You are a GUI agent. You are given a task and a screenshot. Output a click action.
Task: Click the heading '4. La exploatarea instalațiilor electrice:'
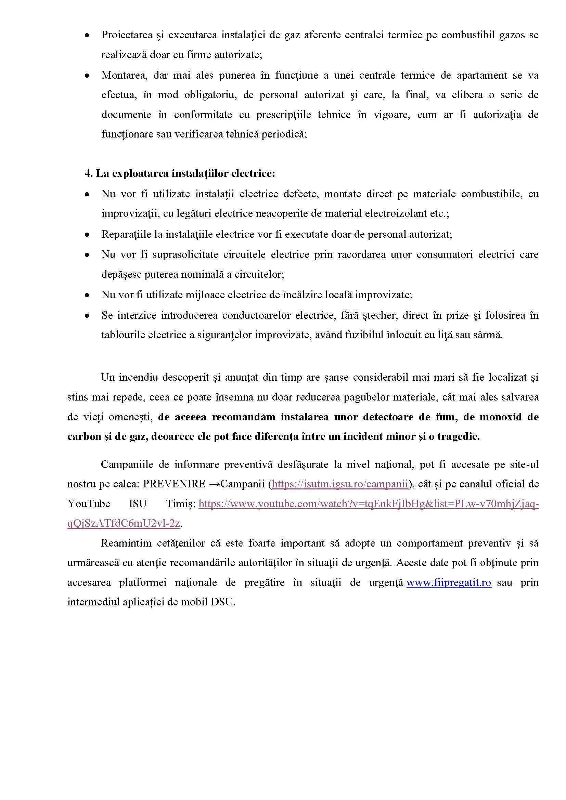tap(180, 173)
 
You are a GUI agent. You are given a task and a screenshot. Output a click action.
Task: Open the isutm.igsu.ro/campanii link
tap(339, 484)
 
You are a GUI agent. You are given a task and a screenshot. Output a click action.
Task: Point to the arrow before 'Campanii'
tap(215, 484)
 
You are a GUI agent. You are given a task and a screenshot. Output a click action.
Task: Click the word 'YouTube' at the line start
tap(89, 504)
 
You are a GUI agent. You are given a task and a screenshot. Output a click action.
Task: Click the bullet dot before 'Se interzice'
tap(87, 316)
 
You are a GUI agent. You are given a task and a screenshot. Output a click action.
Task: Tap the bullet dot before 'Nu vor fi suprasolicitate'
tap(87, 255)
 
